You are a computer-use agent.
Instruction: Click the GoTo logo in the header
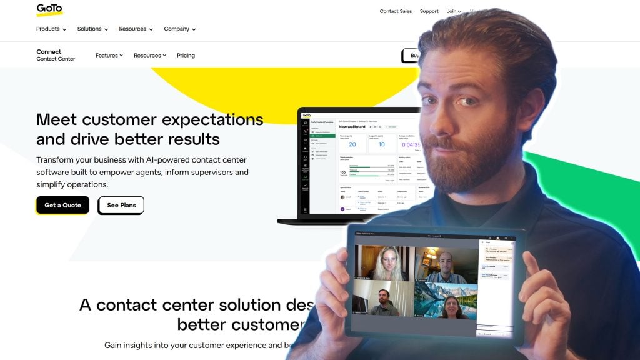[49, 9]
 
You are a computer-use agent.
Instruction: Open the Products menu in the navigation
[51, 29]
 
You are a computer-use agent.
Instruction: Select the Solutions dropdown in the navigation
[92, 29]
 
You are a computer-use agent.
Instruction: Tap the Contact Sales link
[396, 11]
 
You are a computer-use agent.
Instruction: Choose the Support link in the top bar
[429, 11]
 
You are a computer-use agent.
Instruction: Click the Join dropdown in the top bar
[454, 11]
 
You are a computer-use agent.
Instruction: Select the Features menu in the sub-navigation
[109, 55]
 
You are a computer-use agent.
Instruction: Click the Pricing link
[186, 55]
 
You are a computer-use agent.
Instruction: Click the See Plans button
[121, 205]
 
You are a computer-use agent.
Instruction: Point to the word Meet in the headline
[57, 119]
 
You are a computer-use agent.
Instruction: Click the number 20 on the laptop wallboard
[352, 144]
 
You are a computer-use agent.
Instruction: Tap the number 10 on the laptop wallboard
[381, 144]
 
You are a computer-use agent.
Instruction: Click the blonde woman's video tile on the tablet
[382, 263]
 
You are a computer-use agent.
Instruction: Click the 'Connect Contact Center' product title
[56, 55]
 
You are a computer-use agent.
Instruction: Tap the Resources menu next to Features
[150, 55]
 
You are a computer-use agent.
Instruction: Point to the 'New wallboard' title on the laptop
[352, 127]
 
